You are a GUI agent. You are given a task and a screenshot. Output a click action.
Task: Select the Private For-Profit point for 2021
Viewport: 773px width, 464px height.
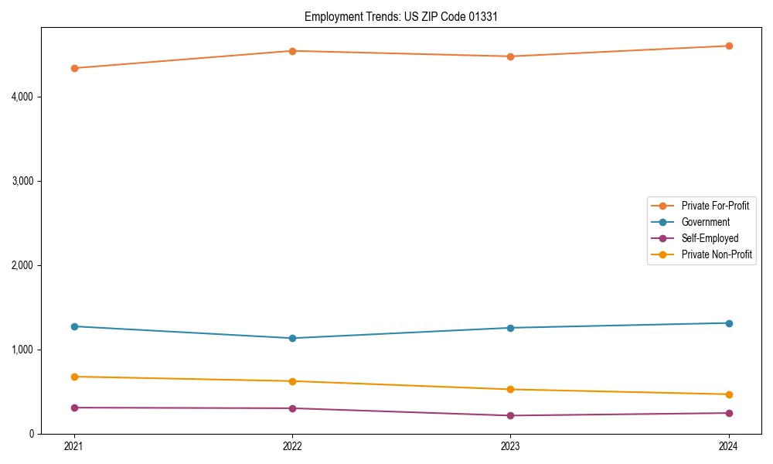coord(74,68)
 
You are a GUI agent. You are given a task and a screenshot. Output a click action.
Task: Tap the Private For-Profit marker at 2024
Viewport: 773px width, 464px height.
coord(729,46)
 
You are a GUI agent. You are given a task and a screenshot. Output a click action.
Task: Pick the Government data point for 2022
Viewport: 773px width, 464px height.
coord(292,338)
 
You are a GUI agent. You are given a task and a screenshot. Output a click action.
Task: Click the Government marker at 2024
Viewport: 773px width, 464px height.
coord(729,323)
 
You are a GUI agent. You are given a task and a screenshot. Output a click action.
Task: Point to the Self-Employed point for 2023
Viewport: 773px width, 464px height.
coord(510,415)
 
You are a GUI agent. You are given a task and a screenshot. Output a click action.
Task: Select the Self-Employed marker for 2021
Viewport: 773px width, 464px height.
coord(74,408)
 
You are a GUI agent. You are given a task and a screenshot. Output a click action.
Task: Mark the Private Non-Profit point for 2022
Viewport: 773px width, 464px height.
coord(292,381)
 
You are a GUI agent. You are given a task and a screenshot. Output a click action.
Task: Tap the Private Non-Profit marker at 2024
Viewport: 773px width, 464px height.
coord(729,394)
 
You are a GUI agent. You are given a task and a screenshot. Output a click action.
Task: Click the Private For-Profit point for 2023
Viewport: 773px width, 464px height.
coord(510,56)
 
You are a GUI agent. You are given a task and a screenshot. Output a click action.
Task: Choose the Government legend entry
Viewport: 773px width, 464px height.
coord(705,222)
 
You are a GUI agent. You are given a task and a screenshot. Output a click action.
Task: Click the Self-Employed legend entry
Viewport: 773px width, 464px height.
coord(710,238)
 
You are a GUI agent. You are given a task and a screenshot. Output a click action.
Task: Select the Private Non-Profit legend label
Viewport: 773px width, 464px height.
coord(717,254)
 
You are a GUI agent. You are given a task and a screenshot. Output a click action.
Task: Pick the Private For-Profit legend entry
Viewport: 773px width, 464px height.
coord(715,206)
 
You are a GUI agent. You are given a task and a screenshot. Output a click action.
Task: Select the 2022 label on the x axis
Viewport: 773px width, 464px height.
coord(292,446)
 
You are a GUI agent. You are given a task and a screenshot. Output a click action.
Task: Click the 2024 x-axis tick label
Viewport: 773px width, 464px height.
coord(729,446)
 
